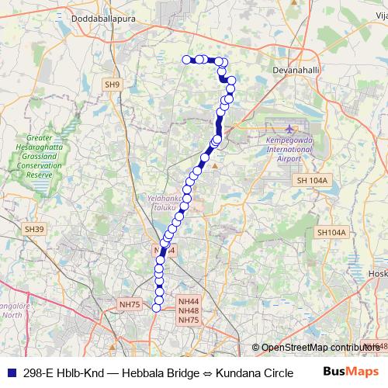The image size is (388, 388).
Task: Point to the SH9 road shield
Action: click(x=113, y=84)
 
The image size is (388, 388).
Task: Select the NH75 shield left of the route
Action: click(x=130, y=305)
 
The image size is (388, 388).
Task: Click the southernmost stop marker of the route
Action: click(x=156, y=308)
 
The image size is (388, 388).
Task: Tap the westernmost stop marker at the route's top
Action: click(x=186, y=59)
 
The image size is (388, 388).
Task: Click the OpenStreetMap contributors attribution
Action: click(x=318, y=348)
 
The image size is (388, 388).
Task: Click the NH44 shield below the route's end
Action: click(x=189, y=301)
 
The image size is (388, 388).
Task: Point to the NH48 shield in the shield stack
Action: click(x=189, y=310)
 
